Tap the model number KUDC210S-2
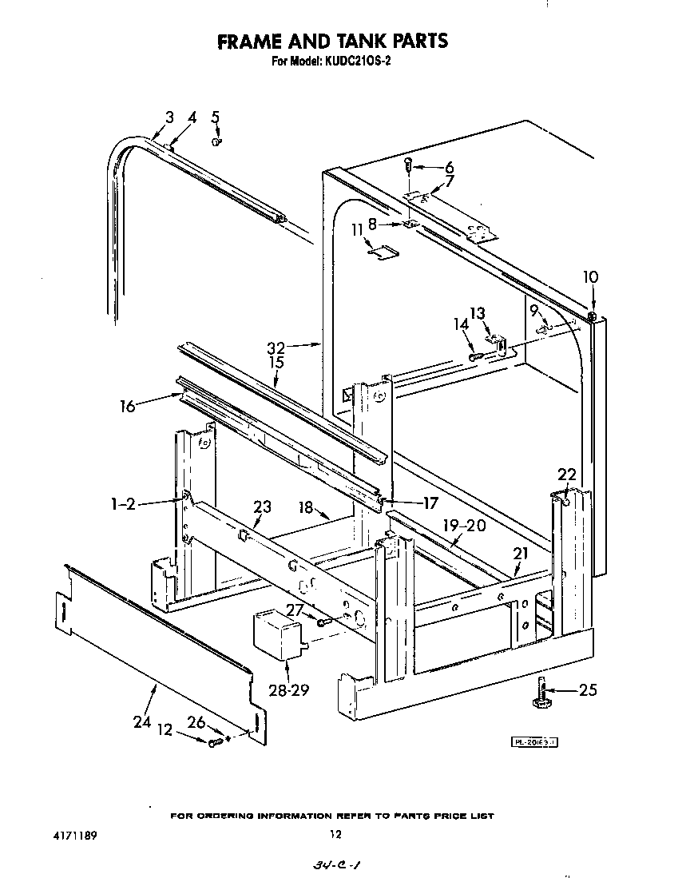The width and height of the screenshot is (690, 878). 356,62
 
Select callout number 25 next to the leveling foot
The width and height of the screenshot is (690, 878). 587,690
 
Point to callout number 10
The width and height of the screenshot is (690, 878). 590,277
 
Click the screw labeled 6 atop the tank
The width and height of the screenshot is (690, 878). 410,165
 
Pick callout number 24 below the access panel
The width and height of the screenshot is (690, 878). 142,721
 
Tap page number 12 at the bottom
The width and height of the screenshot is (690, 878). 335,835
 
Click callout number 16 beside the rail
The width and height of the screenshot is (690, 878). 128,405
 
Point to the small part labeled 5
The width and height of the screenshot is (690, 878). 216,141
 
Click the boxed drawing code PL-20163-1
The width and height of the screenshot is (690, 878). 534,742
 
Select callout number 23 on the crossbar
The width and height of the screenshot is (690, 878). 262,507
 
